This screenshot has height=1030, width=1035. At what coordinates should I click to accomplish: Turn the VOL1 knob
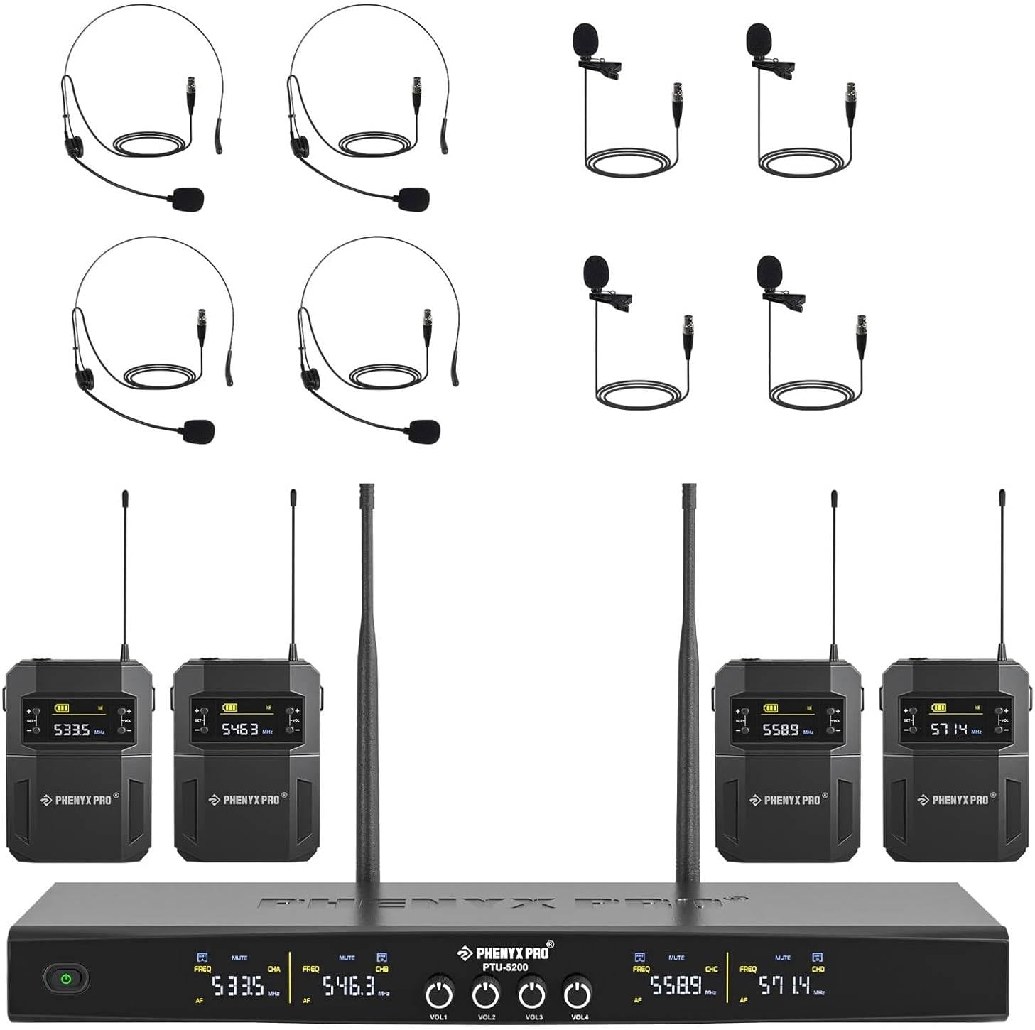point(439,993)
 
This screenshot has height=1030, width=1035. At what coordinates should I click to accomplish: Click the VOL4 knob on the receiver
point(577,993)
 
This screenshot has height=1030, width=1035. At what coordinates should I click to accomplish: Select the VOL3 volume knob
point(531,993)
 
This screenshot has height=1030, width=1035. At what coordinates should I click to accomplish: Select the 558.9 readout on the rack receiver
point(676,986)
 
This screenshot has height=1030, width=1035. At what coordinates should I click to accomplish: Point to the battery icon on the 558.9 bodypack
point(770,708)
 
